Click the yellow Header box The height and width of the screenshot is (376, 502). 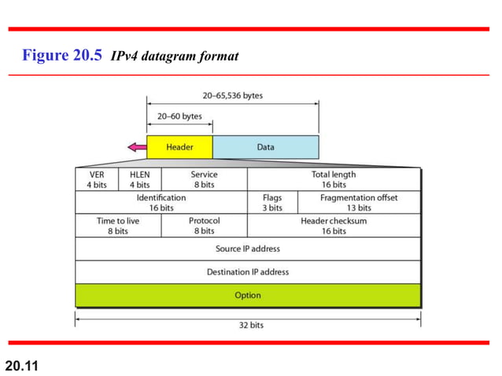pyautogui.click(x=179, y=147)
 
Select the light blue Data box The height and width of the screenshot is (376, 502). pyautogui.click(x=265, y=147)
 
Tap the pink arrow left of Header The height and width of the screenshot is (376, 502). pyautogui.click(x=137, y=146)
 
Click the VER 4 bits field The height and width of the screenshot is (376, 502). pyautogui.click(x=97, y=179)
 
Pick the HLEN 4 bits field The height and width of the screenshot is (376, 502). pyautogui.click(x=139, y=179)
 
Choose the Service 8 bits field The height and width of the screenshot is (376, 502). pyautogui.click(x=204, y=179)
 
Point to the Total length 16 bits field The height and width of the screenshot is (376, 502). pyautogui.click(x=334, y=179)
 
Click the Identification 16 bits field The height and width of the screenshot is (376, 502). pyautogui.click(x=161, y=203)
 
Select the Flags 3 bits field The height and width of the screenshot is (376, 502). pyautogui.click(x=272, y=203)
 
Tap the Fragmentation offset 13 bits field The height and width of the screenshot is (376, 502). pyautogui.click(x=359, y=203)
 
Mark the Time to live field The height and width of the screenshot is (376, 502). pyautogui.click(x=118, y=226)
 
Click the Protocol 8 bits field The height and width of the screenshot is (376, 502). pyautogui.click(x=204, y=226)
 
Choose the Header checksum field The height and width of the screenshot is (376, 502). pyautogui.click(x=334, y=226)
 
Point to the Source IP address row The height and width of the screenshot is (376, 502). pyautogui.click(x=248, y=249)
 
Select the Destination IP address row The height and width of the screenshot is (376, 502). pyautogui.click(x=248, y=272)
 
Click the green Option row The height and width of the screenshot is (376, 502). pyautogui.click(x=248, y=295)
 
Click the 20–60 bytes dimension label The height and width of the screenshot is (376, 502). pyautogui.click(x=180, y=116)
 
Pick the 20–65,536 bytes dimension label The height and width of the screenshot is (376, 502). pyautogui.click(x=233, y=95)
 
